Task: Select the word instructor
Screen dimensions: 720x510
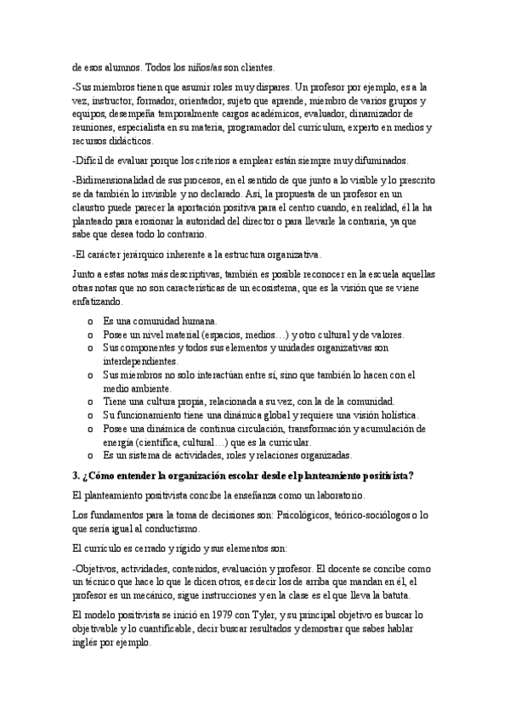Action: (x=116, y=100)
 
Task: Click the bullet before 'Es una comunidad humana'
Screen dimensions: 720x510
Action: (x=89, y=322)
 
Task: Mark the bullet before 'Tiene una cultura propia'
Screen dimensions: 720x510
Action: (x=89, y=402)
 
